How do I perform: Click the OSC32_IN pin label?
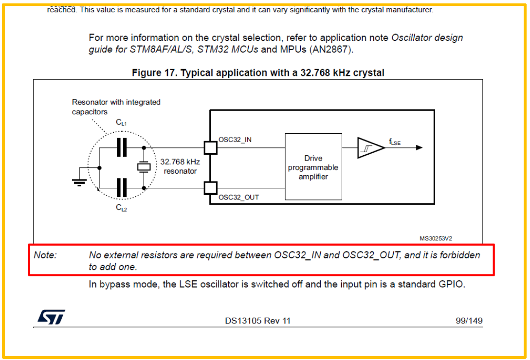click(235, 140)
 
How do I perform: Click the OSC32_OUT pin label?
click(238, 197)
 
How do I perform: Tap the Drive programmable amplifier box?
click(313, 167)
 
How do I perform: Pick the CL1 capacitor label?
click(121, 123)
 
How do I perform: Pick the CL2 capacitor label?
click(121, 208)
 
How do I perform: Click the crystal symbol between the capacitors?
click(144, 167)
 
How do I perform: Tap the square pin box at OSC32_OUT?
click(210, 187)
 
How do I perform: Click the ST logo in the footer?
click(51, 317)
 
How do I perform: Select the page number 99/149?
click(469, 321)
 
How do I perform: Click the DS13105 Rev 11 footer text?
click(257, 321)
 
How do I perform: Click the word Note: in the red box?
click(45, 255)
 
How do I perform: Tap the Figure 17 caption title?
click(258, 73)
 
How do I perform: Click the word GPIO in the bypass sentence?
click(453, 285)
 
